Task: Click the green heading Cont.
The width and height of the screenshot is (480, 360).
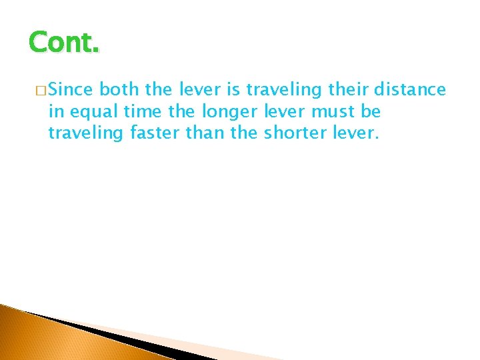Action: coord(64,43)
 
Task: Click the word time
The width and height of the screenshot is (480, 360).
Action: coord(141,111)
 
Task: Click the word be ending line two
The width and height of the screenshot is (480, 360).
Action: coord(372,111)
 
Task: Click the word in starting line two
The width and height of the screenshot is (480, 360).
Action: coord(55,111)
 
